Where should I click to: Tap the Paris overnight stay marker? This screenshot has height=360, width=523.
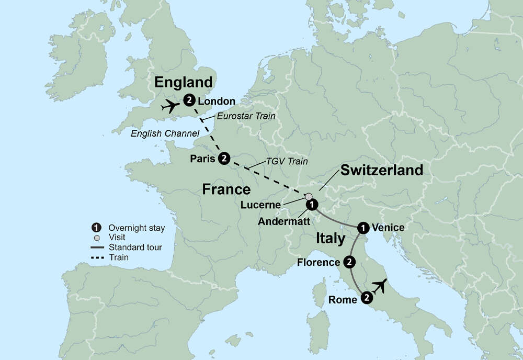coord(224,157)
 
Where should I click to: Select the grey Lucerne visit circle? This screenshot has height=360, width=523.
coord(309,197)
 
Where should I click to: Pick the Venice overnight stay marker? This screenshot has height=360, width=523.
coord(362,228)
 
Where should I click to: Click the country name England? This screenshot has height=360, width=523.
coord(183,82)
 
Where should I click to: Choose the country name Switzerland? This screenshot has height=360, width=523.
coord(382,170)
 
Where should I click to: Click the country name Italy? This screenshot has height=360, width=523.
coord(330,239)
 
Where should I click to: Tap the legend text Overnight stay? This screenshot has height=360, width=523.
coord(137,228)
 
